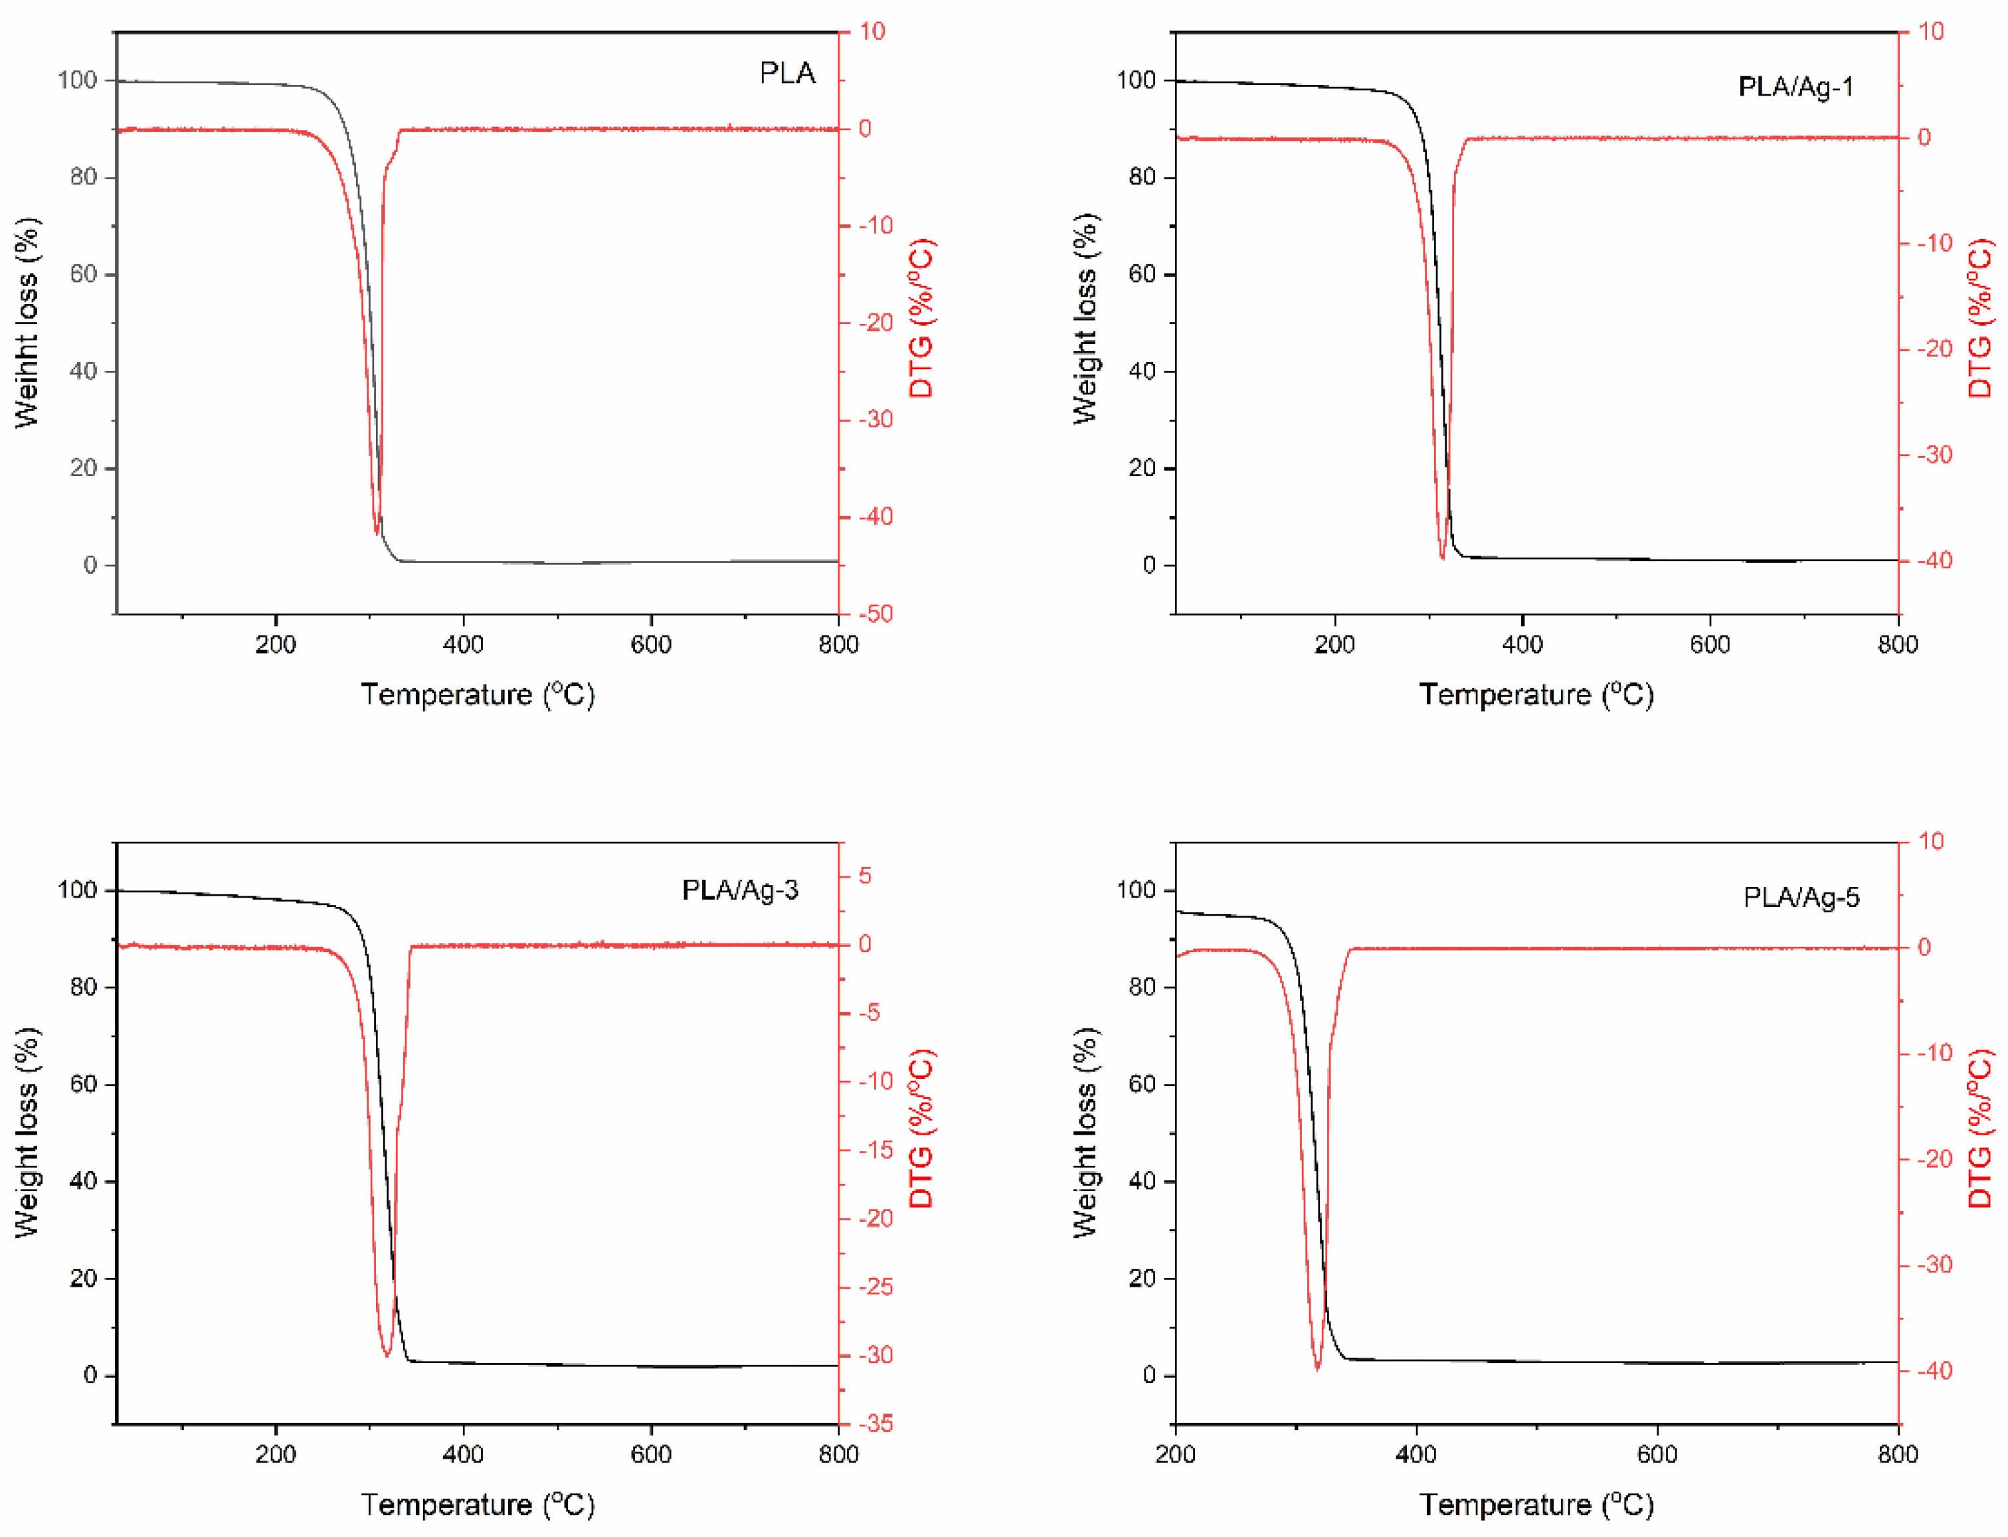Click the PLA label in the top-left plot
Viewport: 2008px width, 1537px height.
pyautogui.click(x=786, y=73)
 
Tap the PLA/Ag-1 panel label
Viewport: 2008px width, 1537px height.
pyautogui.click(x=1795, y=87)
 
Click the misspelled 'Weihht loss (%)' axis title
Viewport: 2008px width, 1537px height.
pyautogui.click(x=27, y=322)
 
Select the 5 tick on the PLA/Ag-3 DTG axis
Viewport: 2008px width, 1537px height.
pyautogui.click(x=865, y=876)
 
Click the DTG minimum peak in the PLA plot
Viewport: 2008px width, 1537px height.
pyautogui.click(x=376, y=532)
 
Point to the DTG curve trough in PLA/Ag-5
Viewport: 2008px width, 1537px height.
pyautogui.click(x=1317, y=1368)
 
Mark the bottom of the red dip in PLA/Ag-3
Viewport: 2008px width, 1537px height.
pyautogui.click(x=387, y=1355)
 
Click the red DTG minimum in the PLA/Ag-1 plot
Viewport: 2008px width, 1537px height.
pyautogui.click(x=1442, y=557)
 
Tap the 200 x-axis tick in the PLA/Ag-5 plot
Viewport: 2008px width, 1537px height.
pyautogui.click(x=1175, y=1454)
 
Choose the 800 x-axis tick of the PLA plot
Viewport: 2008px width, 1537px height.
pyautogui.click(x=838, y=645)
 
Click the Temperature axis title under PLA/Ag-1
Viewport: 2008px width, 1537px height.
pyautogui.click(x=1536, y=694)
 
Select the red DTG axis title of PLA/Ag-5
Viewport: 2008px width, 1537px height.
pyautogui.click(x=1979, y=1129)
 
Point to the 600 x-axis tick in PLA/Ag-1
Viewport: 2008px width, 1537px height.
pyautogui.click(x=1710, y=645)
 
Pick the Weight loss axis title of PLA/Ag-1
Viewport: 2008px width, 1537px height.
pyautogui.click(x=1085, y=319)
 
